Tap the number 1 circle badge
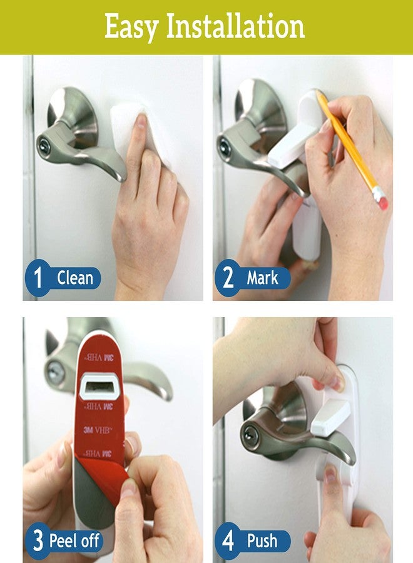(x=38, y=278)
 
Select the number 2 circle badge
(x=228, y=278)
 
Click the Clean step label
(x=75, y=278)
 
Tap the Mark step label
(x=262, y=278)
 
